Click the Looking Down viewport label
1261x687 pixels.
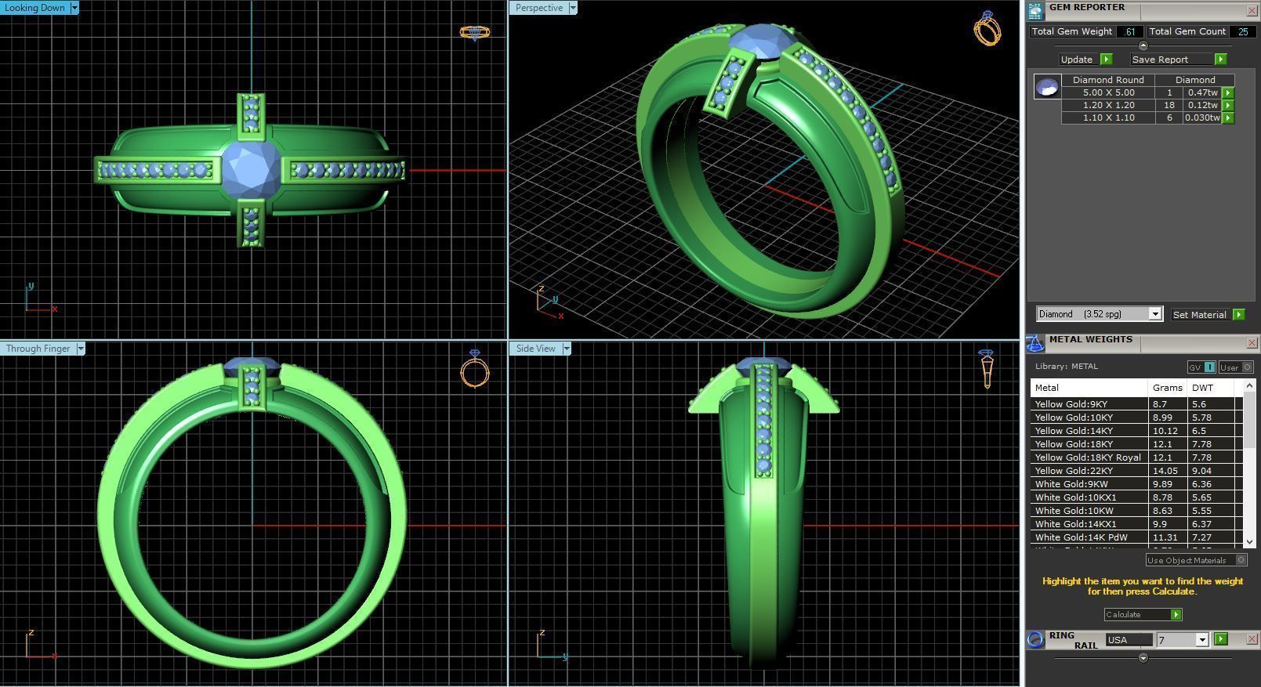tap(35, 8)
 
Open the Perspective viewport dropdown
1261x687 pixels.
tap(573, 8)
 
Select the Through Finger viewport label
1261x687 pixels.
tap(38, 349)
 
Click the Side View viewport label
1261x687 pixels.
tap(535, 349)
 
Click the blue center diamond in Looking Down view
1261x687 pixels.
tap(252, 168)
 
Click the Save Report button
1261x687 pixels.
tap(1160, 60)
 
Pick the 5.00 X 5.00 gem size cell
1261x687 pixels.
tap(1108, 92)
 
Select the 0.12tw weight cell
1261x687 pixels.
tap(1202, 105)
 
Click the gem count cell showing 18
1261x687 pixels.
tap(1169, 105)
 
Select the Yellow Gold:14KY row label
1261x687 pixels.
tap(1073, 431)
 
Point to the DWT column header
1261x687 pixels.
tap(1202, 388)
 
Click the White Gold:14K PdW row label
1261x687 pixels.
tap(1081, 537)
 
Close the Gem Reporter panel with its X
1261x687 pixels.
tap(1252, 10)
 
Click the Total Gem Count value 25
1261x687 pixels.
tap(1243, 32)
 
